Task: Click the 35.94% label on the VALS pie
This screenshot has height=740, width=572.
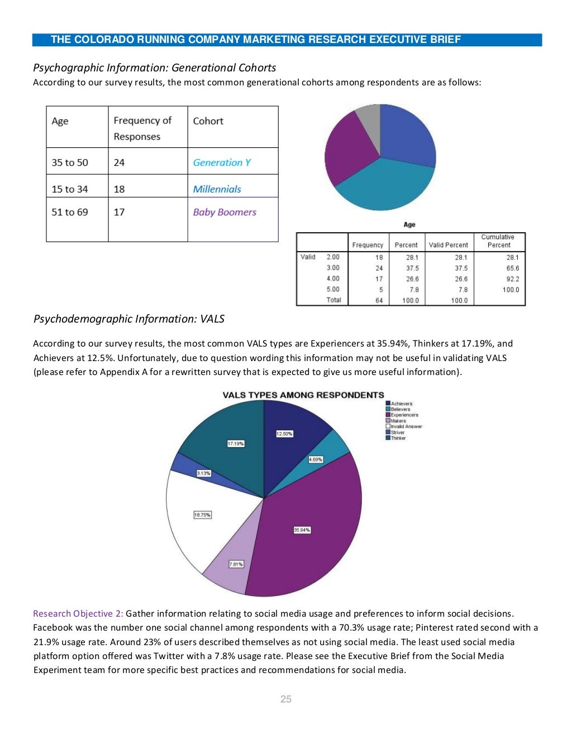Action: (x=302, y=530)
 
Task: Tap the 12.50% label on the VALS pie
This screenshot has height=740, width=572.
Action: (x=284, y=434)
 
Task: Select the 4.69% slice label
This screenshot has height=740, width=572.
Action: (x=316, y=459)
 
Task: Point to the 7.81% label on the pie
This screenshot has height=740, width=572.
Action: (x=236, y=564)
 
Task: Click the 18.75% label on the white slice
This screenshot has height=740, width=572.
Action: (x=202, y=515)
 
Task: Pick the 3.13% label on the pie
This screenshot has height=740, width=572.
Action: (x=203, y=473)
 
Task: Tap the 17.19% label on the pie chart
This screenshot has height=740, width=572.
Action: (x=235, y=444)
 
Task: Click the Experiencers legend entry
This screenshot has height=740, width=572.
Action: (x=404, y=415)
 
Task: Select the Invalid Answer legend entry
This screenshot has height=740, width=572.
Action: (x=406, y=426)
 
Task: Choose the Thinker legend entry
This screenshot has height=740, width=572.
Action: (x=398, y=438)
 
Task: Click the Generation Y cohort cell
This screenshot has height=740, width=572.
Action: (x=222, y=162)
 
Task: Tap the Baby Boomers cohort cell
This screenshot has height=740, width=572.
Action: (x=225, y=212)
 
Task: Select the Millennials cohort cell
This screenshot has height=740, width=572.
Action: (x=217, y=189)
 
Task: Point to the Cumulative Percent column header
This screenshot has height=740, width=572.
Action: (x=498, y=241)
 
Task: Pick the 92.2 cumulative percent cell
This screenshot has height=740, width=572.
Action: (x=512, y=279)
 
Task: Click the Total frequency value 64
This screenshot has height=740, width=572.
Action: (x=379, y=300)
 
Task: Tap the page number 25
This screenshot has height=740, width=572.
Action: (x=286, y=699)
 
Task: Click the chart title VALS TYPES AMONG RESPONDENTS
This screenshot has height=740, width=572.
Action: (x=303, y=395)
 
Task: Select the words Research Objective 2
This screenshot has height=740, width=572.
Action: (x=78, y=613)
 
